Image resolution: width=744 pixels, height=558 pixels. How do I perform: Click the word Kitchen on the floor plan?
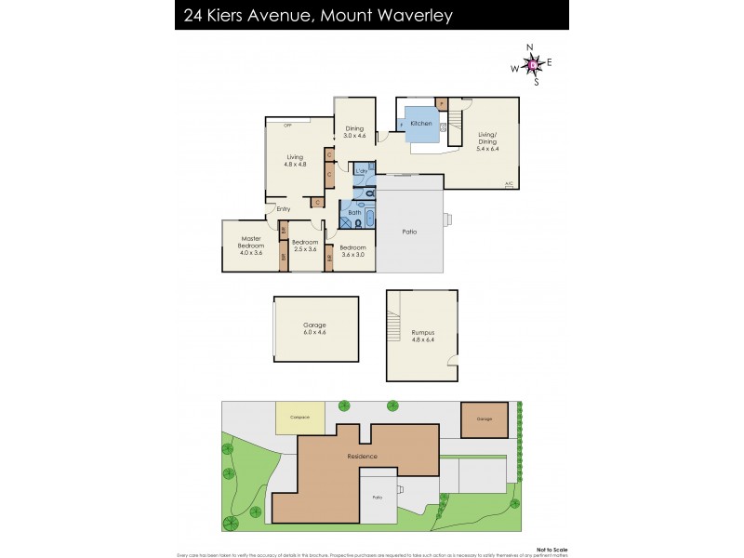point(421,124)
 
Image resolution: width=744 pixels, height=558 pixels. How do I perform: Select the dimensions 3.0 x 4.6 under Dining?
point(354,137)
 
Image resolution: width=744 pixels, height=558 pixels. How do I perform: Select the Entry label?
point(284,209)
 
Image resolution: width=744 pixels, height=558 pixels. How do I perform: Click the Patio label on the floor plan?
point(408,232)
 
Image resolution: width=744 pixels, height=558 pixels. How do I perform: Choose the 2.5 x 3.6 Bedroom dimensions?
point(305,249)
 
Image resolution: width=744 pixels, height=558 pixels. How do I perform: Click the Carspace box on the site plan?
point(299,418)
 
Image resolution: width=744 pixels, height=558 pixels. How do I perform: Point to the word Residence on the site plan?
point(362,456)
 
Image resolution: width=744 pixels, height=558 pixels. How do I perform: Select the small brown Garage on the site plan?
point(485,420)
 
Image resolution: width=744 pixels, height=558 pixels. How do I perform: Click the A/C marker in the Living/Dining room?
point(509,184)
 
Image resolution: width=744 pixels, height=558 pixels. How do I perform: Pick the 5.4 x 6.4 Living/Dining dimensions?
point(488,148)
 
